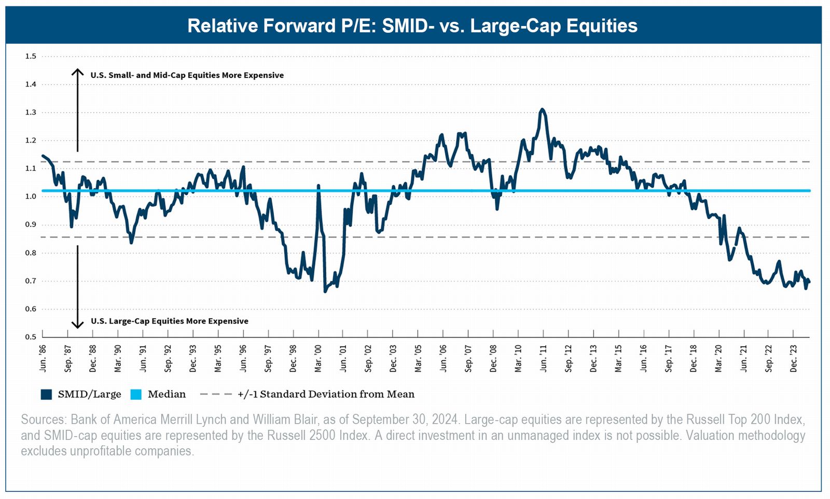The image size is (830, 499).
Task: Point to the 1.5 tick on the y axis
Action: [x=31, y=56]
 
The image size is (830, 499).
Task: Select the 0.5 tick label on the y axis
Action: [x=31, y=336]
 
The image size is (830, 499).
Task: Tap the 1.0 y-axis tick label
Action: [x=31, y=196]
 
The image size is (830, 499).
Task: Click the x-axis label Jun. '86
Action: [x=43, y=358]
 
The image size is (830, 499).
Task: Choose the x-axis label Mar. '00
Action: [x=319, y=358]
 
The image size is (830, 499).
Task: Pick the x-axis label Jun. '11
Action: [x=544, y=358]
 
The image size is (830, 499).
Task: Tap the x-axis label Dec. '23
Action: [x=794, y=358]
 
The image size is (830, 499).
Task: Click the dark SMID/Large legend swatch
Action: [x=47, y=395]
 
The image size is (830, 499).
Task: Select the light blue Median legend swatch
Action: [x=136, y=395]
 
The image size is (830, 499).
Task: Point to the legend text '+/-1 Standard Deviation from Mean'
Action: [x=326, y=395]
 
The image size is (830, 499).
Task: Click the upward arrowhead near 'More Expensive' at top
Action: [x=77, y=71]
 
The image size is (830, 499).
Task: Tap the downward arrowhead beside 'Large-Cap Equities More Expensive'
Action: [x=77, y=326]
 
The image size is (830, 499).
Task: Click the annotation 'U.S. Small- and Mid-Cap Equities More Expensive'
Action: [x=187, y=75]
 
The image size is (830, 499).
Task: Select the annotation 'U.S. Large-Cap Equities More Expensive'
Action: [x=170, y=321]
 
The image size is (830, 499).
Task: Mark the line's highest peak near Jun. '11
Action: [x=542, y=109]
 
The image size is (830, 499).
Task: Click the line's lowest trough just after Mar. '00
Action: [x=325, y=291]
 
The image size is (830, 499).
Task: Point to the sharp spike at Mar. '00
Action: [x=318, y=185]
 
